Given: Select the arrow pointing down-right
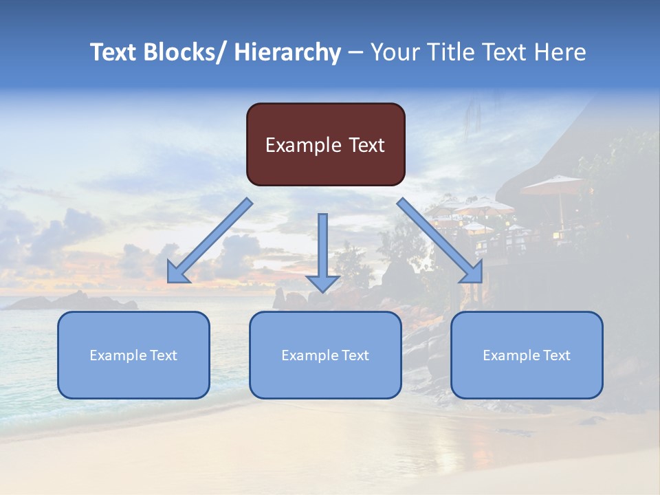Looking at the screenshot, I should [437, 237].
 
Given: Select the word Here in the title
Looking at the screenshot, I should [561, 52].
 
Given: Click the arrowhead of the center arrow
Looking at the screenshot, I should [322, 283].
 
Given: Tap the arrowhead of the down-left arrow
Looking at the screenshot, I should [177, 273].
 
